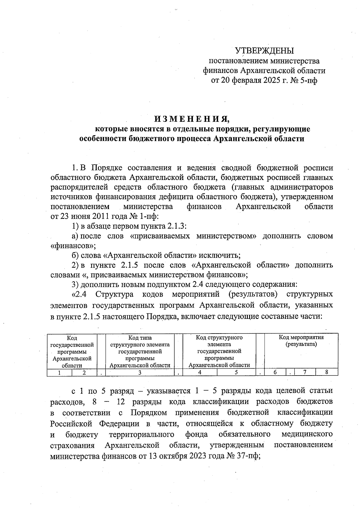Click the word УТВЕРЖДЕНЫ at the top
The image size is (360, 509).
[264, 51]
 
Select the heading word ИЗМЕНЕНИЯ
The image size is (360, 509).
[192, 119]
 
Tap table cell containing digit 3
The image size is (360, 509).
[140, 373]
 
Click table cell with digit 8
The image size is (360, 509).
[327, 373]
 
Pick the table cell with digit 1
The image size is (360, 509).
[59, 373]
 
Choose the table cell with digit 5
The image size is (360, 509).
[236, 373]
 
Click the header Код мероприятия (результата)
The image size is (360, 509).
[301, 341]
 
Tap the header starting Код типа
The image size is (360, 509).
[140, 351]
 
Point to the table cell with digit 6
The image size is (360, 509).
[275, 373]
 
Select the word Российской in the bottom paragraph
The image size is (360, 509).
[70, 424]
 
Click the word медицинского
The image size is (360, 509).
[307, 434]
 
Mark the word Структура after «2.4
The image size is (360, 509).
[114, 294]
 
